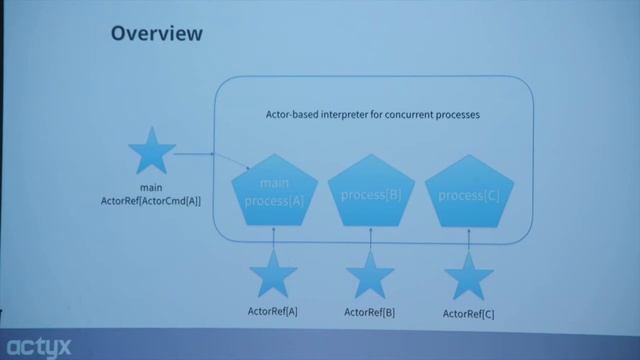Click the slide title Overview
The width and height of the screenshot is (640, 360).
tap(156, 34)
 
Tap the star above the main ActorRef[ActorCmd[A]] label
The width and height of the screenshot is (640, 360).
tap(153, 153)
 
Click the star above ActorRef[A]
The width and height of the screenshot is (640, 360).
tap(272, 275)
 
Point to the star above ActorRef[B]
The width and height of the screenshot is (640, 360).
tap(370, 275)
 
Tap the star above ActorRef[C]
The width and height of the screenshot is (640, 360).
tap(468, 277)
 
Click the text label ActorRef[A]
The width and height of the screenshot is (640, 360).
tap(272, 312)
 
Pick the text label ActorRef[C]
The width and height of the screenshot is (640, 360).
tap(468, 314)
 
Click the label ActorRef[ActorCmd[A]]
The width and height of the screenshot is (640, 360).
tap(152, 201)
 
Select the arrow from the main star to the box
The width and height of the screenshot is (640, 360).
tap(195, 154)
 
